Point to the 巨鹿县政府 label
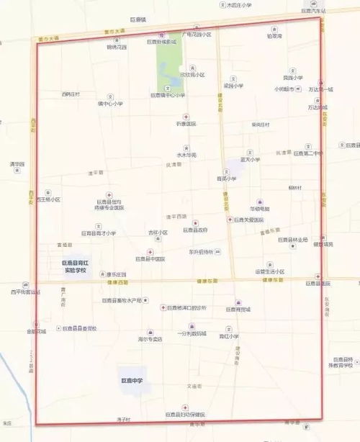coord(194,230)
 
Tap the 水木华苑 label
coord(186,155)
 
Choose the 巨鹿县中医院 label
coord(150,258)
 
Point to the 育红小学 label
coord(230,335)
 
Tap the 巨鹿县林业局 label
coord(292,240)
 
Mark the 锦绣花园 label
coord(117,48)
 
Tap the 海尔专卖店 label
coord(150,338)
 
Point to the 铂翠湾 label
coord(274,35)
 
